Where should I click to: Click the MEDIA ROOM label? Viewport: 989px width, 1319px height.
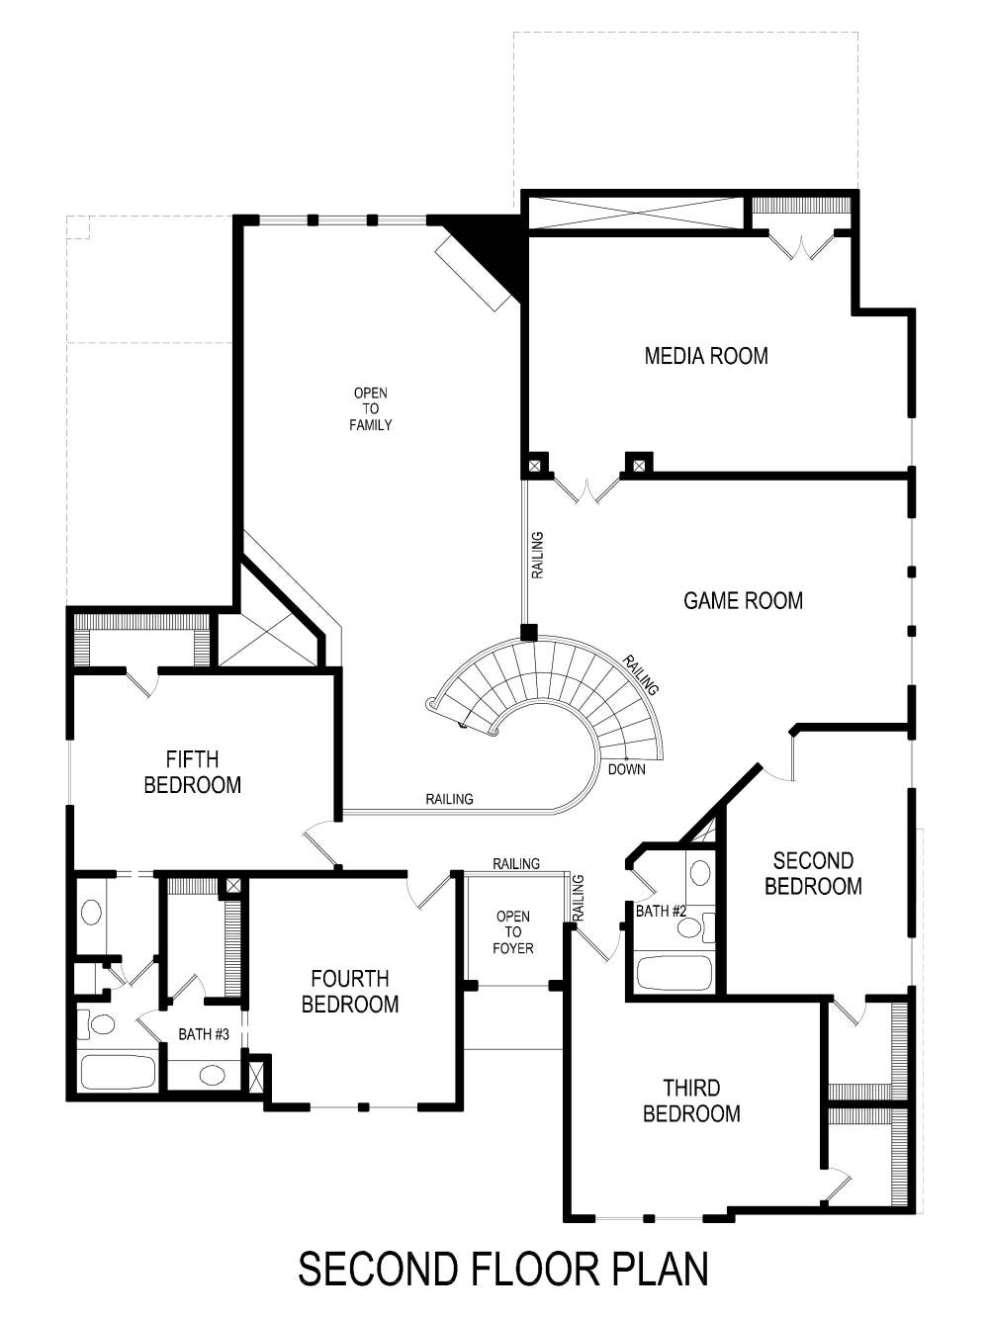[x=705, y=356]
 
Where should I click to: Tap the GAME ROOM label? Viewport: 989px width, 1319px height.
[x=743, y=600]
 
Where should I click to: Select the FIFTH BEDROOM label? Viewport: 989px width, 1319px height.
[x=192, y=772]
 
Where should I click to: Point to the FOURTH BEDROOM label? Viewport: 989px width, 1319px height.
[x=349, y=992]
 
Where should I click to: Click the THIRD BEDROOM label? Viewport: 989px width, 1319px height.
[x=690, y=1100]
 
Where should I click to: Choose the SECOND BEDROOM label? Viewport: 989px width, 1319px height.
[x=812, y=874]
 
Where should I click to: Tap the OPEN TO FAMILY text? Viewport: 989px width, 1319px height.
[x=370, y=409]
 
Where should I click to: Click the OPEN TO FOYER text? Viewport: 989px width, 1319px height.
[x=513, y=932]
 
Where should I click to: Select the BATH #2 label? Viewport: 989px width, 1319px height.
[x=660, y=911]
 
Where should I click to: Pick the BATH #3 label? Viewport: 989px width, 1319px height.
[x=204, y=1034]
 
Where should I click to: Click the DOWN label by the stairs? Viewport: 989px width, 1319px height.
[x=626, y=769]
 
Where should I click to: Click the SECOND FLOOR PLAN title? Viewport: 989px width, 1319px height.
[x=502, y=1269]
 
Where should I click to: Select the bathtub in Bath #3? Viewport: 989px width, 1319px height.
[x=118, y=1073]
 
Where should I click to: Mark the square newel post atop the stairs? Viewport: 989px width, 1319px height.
[x=529, y=633]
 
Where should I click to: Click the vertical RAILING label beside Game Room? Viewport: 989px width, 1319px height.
[x=537, y=555]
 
